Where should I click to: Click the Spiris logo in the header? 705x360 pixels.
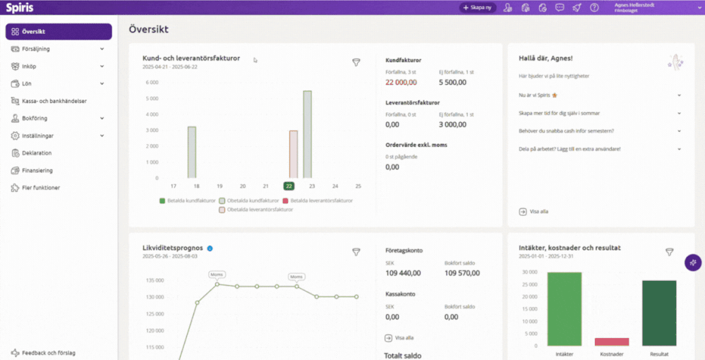tap(20, 8)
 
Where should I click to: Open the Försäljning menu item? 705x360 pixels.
tap(37, 49)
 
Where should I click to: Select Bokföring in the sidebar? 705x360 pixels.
tap(35, 118)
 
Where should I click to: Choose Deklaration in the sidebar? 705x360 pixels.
tap(37, 152)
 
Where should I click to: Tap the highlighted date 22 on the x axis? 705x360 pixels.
tap(289, 186)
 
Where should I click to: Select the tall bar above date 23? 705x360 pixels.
tap(307, 134)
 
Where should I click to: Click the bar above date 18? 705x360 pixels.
tap(191, 152)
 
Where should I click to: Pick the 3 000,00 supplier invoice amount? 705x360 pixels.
tap(452, 124)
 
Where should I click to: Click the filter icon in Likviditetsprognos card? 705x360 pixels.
tap(356, 252)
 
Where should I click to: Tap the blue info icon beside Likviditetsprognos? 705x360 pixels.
tap(210, 248)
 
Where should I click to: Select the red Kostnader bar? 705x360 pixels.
tap(612, 342)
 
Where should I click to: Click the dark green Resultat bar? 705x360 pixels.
tap(659, 313)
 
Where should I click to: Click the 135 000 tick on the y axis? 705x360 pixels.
tap(155, 280)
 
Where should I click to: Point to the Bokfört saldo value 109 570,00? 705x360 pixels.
tap(462, 273)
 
